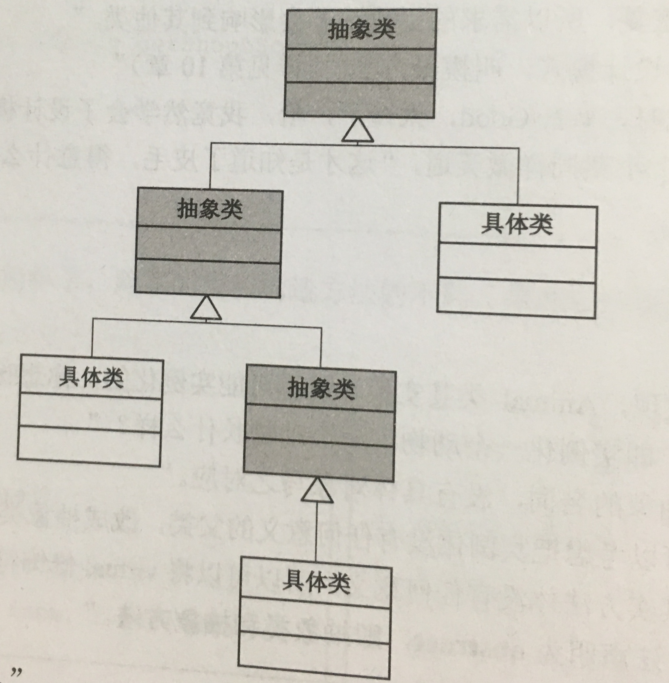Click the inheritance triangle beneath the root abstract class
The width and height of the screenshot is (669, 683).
(x=357, y=131)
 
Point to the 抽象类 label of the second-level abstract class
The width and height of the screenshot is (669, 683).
(x=210, y=209)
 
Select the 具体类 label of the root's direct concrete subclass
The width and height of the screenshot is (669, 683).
(x=517, y=225)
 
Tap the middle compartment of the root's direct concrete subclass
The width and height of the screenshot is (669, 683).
(x=517, y=262)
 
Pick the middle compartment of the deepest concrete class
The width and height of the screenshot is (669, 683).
(x=315, y=620)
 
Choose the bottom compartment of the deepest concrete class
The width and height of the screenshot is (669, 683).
(x=314, y=655)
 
